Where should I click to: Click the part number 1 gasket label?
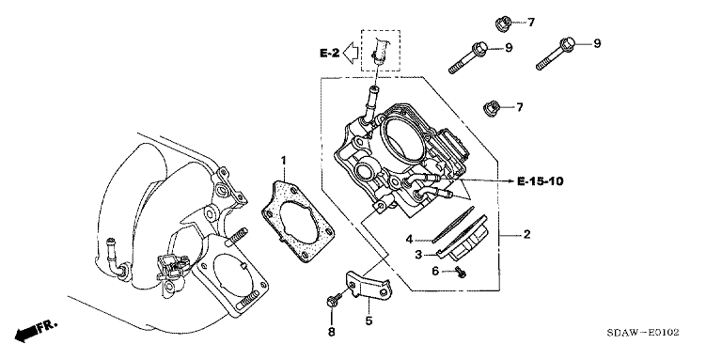tap(284, 161)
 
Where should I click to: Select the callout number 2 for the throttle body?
tap(526, 235)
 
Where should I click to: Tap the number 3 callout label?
tap(418, 255)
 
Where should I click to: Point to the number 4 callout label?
tap(409, 239)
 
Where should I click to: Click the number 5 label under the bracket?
tap(369, 321)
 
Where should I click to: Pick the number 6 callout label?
tap(435, 272)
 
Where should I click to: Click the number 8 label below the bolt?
tap(332, 332)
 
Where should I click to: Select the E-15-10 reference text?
tap(541, 181)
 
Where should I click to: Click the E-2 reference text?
tap(330, 54)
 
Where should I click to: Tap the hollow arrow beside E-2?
tap(353, 52)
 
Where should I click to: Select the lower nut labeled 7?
tap(491, 109)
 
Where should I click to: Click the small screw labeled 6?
tap(460, 272)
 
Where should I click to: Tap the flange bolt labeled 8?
tap(335, 300)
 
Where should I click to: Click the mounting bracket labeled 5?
tap(368, 286)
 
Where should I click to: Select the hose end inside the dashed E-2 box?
tap(381, 50)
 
